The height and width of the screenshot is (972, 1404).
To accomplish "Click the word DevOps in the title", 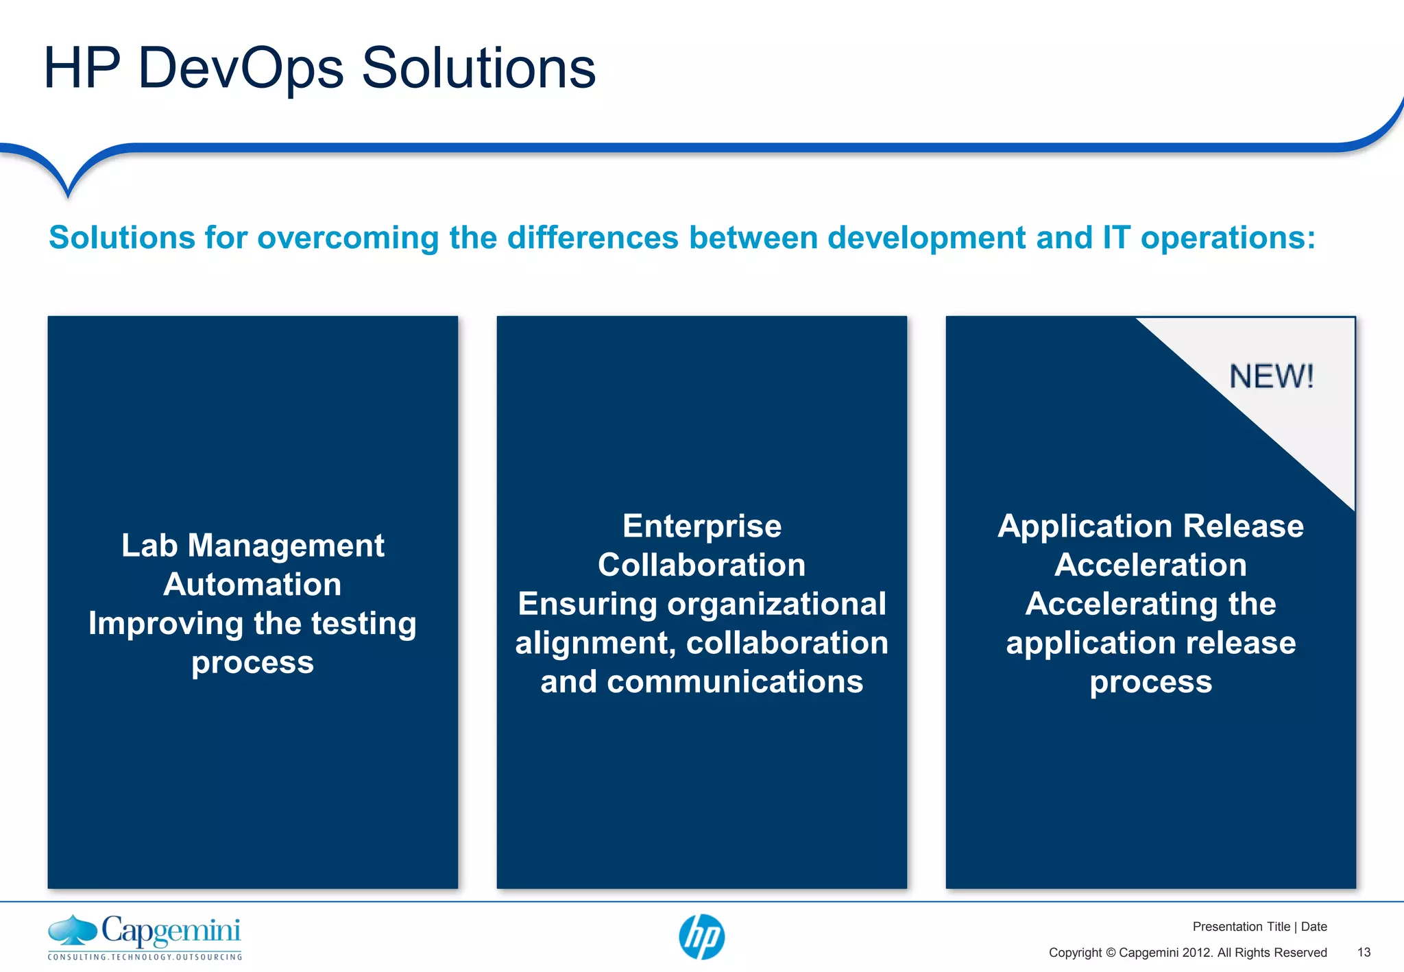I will coord(240,69).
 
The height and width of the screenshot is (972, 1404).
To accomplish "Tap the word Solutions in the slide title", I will coord(479,69).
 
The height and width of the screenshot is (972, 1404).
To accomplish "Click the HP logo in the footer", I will coord(701,937).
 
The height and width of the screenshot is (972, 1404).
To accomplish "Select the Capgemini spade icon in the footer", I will coord(73,931).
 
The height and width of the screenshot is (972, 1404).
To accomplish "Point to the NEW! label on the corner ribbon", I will coord(1272,377).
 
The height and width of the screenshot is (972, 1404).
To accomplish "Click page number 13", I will coord(1364,952).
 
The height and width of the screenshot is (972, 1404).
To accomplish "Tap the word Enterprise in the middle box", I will coord(702,526).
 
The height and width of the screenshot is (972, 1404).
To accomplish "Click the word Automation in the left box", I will coord(252,585).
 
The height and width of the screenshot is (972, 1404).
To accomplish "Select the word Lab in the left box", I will coord(149,546).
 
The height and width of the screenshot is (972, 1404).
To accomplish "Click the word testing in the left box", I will coord(363,624).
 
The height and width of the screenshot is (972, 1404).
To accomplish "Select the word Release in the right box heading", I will coord(1243,526).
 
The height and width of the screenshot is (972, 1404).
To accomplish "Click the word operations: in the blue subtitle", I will coord(1228,238).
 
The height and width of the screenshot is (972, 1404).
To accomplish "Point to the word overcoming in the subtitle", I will coord(348,238).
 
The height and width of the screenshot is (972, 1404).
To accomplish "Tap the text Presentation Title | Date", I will coord(1259,927).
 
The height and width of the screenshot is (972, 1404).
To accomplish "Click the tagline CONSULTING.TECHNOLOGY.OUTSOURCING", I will coord(145,957).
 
